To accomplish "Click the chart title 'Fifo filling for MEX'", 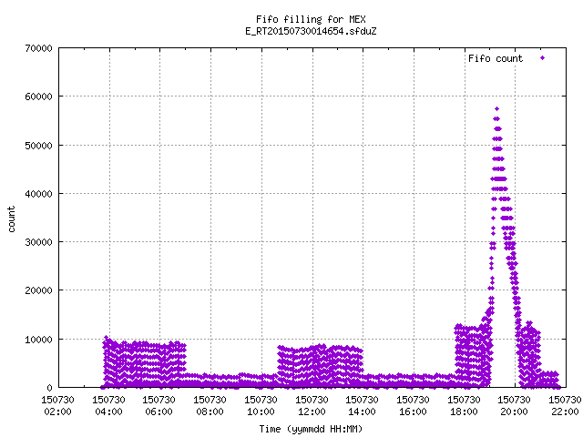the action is pos(311,19).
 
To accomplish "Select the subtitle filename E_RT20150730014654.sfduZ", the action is pos(311,31).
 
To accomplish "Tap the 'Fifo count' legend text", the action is pos(496,58).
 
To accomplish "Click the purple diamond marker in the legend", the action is pos(543,58).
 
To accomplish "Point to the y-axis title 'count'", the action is pos(11,219).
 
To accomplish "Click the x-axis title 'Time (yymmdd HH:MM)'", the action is pos(311,429).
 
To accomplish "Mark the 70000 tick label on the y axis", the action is pos(38,48).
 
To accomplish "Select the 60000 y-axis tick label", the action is pos(38,97).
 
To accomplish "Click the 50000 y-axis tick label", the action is pos(38,146).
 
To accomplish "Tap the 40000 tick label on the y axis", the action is pos(38,194).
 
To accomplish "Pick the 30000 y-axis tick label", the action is pos(38,242).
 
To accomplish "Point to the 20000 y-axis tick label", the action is pos(38,290).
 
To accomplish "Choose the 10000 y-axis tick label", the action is pos(38,340).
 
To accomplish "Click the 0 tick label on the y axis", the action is pos(49,388).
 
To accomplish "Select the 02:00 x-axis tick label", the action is pos(57,412).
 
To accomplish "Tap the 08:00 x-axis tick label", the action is pos(210,412).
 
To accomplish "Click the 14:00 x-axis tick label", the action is pos(363,412).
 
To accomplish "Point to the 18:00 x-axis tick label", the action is pos(464,412).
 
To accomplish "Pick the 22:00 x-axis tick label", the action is pos(565,412).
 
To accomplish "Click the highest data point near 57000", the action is pos(496,109).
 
